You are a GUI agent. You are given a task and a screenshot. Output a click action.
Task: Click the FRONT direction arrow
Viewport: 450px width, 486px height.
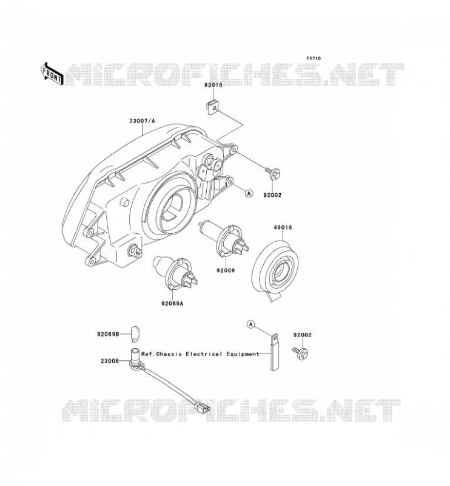point(52,75)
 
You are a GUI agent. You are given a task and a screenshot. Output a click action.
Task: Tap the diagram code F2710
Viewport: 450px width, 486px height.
point(314,58)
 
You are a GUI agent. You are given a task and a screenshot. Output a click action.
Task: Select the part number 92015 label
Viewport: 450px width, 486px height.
point(213,85)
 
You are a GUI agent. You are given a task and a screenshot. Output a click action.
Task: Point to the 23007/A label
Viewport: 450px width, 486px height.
point(142,121)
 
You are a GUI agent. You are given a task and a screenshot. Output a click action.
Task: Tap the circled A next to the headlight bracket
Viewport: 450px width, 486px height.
point(249,193)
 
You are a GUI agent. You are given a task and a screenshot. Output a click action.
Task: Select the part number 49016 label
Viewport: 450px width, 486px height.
point(283,227)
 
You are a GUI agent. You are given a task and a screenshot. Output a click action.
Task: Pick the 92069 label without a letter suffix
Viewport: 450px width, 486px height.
point(226,270)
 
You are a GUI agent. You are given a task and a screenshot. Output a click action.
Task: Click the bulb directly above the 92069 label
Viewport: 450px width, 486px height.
point(223,239)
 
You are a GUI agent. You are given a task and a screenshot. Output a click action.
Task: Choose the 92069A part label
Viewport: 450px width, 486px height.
point(172,303)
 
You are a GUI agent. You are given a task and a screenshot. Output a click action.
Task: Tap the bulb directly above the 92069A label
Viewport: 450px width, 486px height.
point(175,273)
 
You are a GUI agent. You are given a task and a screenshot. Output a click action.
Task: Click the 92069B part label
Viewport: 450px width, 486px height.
point(108,334)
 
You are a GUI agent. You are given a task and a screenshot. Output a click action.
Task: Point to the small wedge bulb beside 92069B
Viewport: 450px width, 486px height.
point(134,334)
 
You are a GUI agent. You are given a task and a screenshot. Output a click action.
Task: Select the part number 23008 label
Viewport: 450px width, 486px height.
point(110,361)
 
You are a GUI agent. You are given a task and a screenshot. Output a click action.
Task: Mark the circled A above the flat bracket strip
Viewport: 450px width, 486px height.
point(251,324)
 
